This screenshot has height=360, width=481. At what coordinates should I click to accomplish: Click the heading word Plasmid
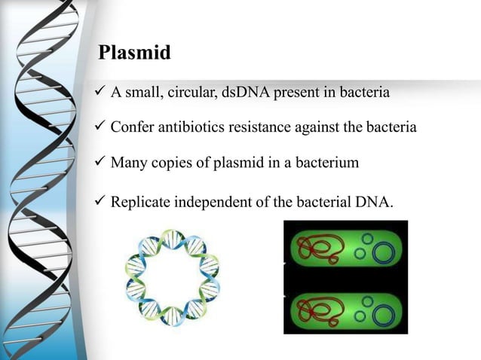point(135,53)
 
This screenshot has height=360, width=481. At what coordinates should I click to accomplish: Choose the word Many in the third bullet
point(128,162)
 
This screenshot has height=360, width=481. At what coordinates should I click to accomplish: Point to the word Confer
point(132,127)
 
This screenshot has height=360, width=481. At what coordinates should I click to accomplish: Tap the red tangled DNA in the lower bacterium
point(320,308)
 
